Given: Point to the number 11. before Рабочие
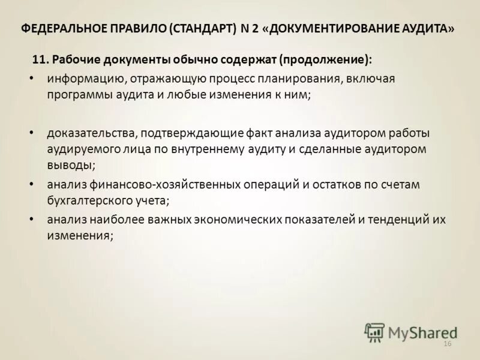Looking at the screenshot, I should pyautogui.click(x=40, y=59).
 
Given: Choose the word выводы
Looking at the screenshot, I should pyautogui.click(x=71, y=163).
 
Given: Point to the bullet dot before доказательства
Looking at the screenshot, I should pyautogui.click(x=31, y=132).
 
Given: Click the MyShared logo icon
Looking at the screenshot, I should pyautogui.click(x=374, y=332).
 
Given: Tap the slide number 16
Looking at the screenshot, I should pyautogui.click(x=446, y=343).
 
